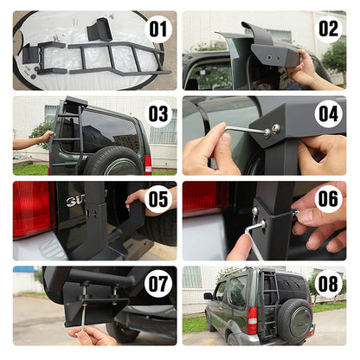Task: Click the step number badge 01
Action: tap(157, 29)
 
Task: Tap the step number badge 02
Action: tap(328, 29)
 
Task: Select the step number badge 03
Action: tap(157, 114)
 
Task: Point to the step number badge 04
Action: tap(328, 114)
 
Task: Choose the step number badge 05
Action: tap(157, 199)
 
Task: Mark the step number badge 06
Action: tap(328, 199)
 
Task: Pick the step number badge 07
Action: tap(157, 283)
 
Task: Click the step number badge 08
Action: tap(328, 283)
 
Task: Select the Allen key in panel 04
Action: tap(247, 131)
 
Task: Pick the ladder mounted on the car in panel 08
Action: tap(269, 290)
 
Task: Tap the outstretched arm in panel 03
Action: tap(33, 139)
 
